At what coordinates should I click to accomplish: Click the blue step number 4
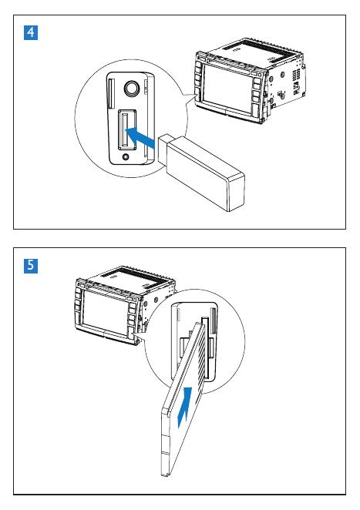point(31,33)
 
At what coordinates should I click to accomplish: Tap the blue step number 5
point(31,266)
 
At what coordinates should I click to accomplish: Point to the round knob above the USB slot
point(132,89)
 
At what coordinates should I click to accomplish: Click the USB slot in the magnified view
point(126,129)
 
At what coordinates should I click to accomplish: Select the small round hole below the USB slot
point(126,157)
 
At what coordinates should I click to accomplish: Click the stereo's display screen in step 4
point(227,88)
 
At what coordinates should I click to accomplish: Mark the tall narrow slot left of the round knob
point(111,93)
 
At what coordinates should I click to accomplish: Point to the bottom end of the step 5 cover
point(165,475)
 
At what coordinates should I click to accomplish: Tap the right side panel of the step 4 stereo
point(285,83)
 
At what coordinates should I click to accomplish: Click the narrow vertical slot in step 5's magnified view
point(214,320)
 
